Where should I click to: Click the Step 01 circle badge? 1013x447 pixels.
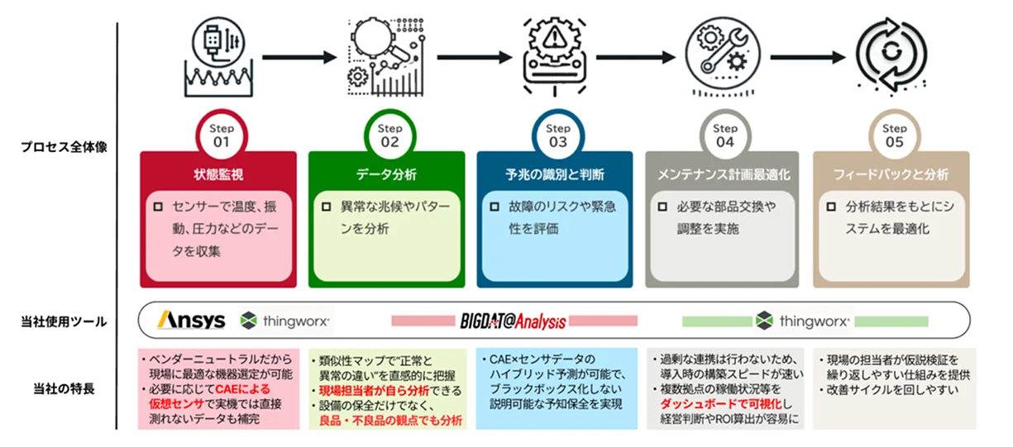tap(221, 136)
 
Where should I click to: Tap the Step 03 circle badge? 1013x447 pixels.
tap(557, 136)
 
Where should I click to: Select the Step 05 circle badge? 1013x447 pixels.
tap(894, 136)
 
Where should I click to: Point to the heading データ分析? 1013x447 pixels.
tap(387, 174)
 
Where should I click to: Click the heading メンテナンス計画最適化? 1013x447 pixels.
tap(724, 174)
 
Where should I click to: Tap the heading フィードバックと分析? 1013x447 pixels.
tap(892, 174)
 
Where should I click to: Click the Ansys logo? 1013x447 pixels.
tap(191, 320)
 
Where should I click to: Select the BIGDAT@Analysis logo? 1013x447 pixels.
tap(513, 321)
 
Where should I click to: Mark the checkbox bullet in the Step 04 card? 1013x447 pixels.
tap(664, 207)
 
